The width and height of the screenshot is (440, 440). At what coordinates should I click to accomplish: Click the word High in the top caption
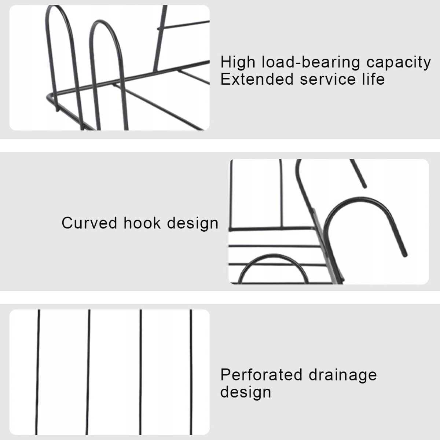[x=238, y=62]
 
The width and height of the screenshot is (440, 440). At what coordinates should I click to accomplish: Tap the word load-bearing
[x=311, y=62]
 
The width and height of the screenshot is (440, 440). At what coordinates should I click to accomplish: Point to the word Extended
[x=257, y=79]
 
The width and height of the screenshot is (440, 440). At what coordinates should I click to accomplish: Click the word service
[x=328, y=80]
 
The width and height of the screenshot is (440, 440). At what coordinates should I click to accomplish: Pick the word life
[x=374, y=79]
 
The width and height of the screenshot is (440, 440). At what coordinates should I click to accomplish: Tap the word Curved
[x=89, y=223]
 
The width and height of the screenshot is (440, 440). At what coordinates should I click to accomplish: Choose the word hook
[x=142, y=223]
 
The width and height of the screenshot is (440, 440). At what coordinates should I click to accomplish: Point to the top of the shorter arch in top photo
[x=100, y=21]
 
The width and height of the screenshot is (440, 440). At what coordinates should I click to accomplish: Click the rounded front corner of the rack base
[x=48, y=96]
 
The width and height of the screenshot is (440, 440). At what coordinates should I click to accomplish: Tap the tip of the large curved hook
[x=405, y=255]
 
